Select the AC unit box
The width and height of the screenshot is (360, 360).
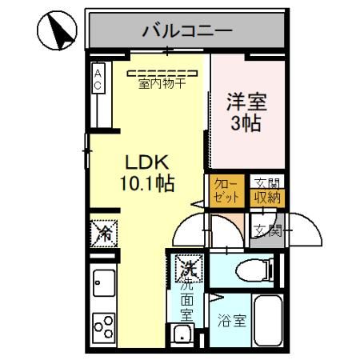tap(98, 78)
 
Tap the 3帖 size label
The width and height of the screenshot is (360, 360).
tap(246, 125)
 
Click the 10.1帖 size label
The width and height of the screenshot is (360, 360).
tap(145, 183)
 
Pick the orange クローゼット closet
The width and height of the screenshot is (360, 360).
tap(223, 191)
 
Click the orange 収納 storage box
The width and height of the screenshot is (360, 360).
tap(267, 197)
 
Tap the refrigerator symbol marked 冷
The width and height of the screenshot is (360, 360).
tap(104, 234)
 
